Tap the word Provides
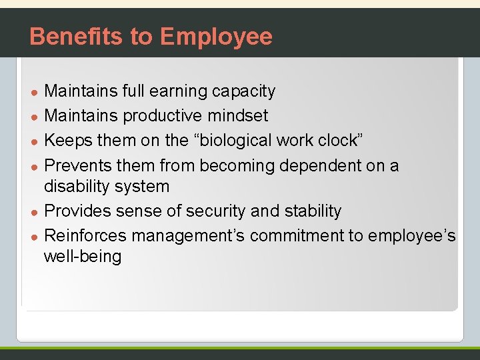tap(77, 211)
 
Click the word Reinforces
tap(85, 235)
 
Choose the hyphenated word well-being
tap(83, 257)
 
